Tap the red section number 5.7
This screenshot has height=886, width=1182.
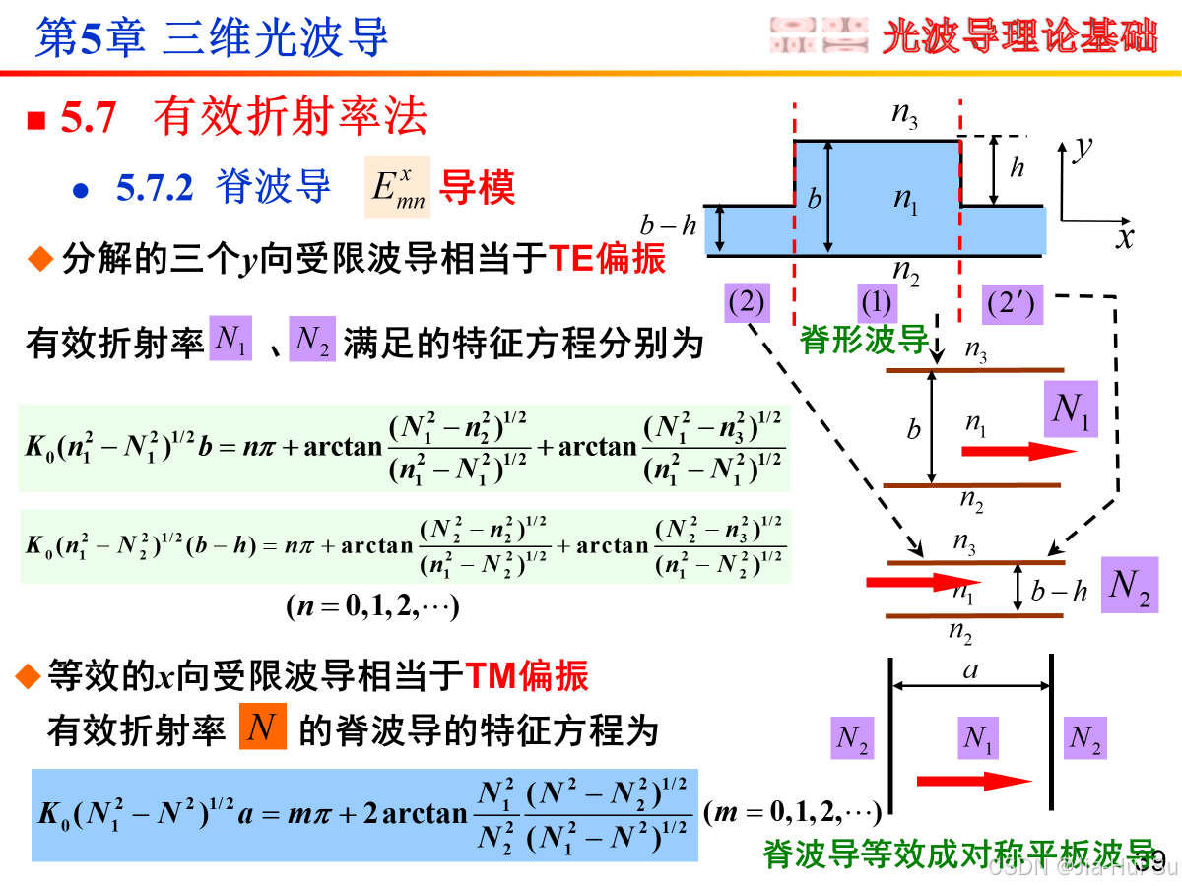pyautogui.click(x=89, y=119)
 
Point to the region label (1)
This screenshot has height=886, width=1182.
pyautogui.click(x=877, y=302)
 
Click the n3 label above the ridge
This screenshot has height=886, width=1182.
pyautogui.click(x=905, y=115)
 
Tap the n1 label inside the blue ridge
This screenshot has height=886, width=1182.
pyautogui.click(x=906, y=200)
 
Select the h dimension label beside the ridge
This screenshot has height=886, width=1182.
pyautogui.click(x=1017, y=168)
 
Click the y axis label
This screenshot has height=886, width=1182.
pyautogui.click(x=1083, y=148)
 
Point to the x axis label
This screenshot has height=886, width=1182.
pyautogui.click(x=1124, y=237)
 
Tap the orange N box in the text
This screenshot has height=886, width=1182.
pyautogui.click(x=263, y=728)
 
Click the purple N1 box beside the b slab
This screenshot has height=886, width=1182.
pyautogui.click(x=1070, y=410)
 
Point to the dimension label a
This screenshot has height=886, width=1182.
pyautogui.click(x=971, y=671)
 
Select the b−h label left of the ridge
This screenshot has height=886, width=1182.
pyautogui.click(x=668, y=226)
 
